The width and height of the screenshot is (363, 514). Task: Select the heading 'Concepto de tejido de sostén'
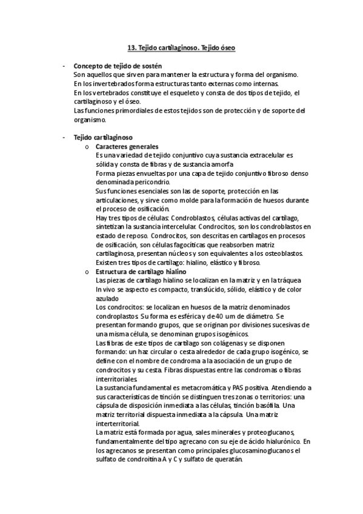tap(118, 65)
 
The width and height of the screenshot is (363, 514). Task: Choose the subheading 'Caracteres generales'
tap(127, 147)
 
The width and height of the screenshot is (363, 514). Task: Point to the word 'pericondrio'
tap(152, 182)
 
